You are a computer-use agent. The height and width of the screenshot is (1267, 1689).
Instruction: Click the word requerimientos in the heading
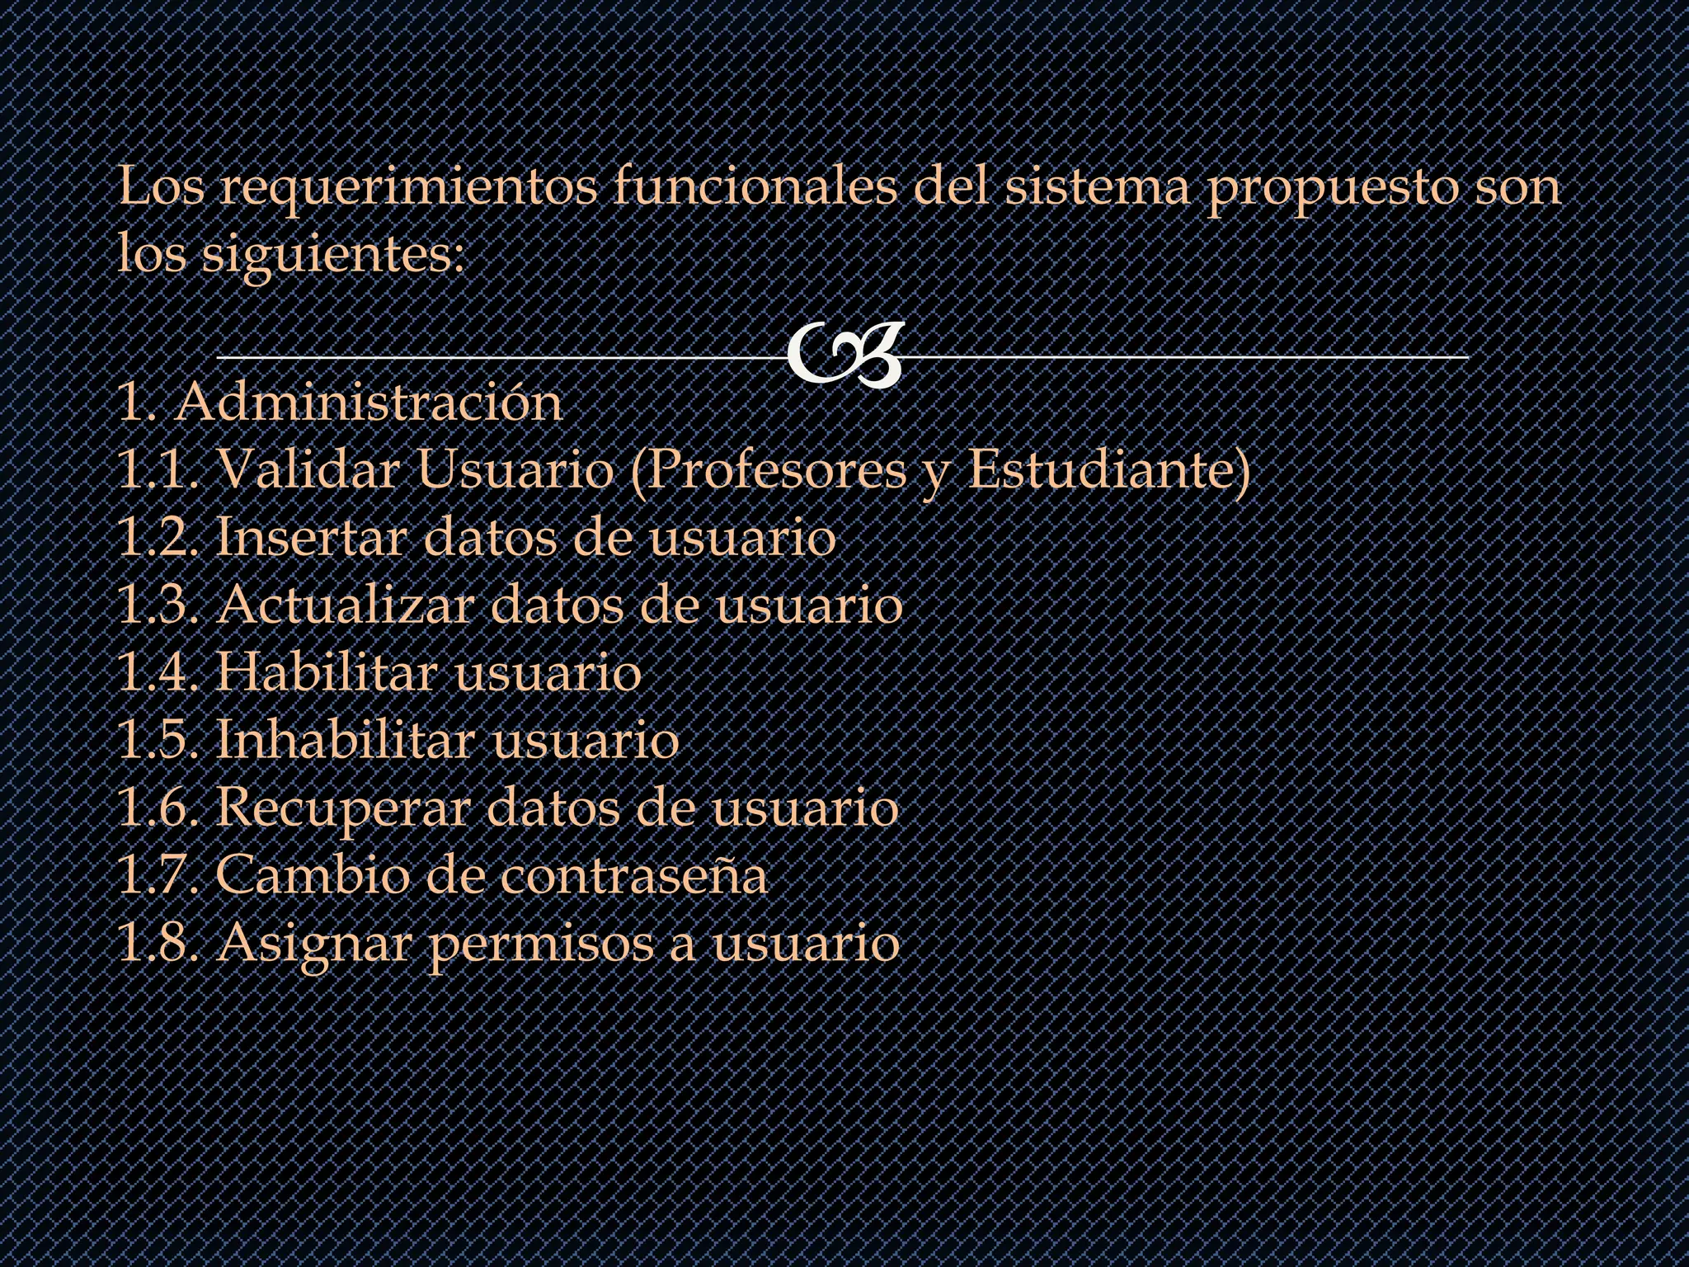coord(407,188)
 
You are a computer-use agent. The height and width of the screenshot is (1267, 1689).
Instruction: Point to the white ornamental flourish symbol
coord(844,356)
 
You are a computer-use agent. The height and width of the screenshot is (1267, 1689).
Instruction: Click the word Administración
coord(368,403)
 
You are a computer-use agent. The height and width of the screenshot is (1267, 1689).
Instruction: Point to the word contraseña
coord(633,875)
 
